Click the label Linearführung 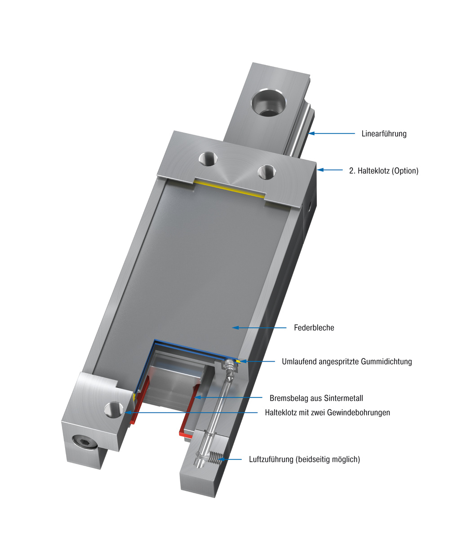point(384,133)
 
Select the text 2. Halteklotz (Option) point(384,171)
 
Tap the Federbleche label point(314,328)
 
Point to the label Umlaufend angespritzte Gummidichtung point(347,362)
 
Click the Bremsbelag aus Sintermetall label point(316,398)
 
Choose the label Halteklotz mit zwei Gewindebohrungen point(328,412)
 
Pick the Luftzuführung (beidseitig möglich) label point(305,459)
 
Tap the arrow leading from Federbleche point(259,328)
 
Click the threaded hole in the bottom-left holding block point(112,409)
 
